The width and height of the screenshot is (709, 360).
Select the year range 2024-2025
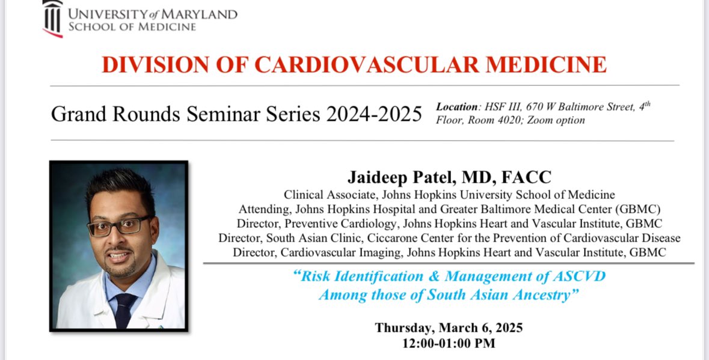[374, 114]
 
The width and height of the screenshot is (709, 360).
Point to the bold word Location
[456, 107]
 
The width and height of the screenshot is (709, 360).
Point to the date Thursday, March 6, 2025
[449, 328]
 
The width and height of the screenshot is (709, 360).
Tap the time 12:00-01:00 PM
[449, 343]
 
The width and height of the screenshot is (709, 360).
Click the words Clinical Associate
[327, 195]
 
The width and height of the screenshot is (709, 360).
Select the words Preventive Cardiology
[329, 224]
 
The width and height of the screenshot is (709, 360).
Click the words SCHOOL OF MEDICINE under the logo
[132, 26]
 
